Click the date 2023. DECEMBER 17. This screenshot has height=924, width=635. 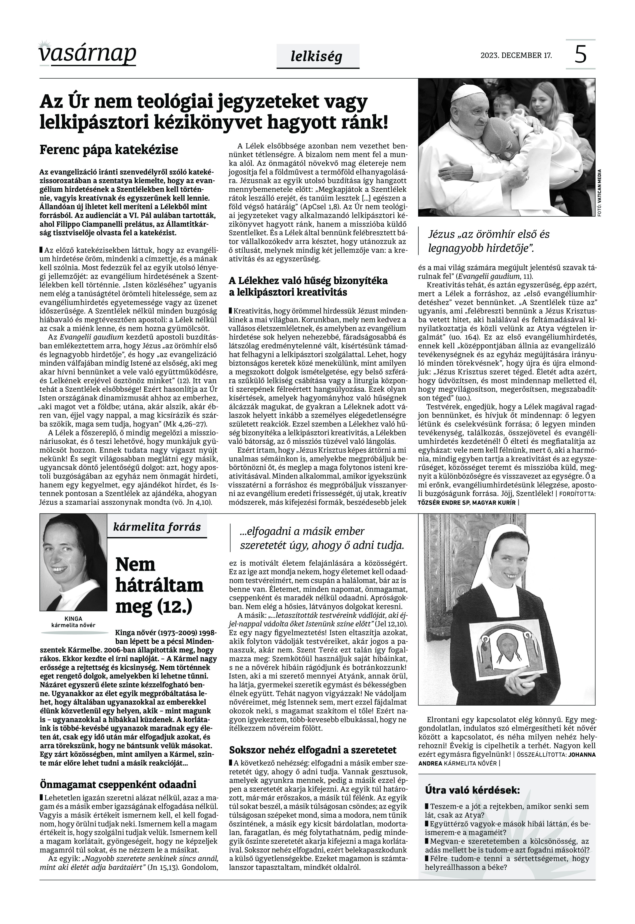pos(516,55)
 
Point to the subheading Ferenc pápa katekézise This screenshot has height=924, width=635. pos(109,150)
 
